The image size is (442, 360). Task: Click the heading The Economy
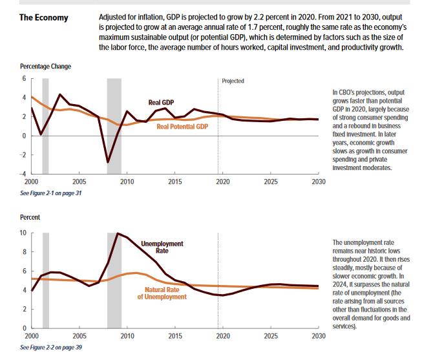pos(44,17)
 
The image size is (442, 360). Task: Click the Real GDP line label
pos(161,102)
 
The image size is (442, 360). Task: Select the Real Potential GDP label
pos(182,127)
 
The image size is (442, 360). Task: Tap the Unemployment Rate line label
pos(162,248)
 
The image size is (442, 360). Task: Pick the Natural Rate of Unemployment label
pos(162,293)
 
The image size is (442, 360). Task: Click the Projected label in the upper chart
pos(233,81)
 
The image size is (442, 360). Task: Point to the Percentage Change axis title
pos(46,67)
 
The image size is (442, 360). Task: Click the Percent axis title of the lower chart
pos(30,217)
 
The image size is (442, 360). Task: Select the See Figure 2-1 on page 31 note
pos(51,193)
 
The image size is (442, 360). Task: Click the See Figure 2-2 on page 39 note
pos(51,347)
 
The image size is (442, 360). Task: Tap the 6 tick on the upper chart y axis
pos(25,78)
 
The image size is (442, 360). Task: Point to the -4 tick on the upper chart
pos(23,174)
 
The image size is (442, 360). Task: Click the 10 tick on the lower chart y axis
pos(23,233)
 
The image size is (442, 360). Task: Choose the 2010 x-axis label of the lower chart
pos(127,336)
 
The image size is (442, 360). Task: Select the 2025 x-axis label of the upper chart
pos(271,182)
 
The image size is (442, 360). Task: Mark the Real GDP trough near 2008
pos(108,162)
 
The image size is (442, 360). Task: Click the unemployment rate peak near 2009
pos(118,233)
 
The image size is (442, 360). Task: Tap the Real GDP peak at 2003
pos(59,94)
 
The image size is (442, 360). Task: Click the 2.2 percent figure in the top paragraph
pos(270,17)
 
